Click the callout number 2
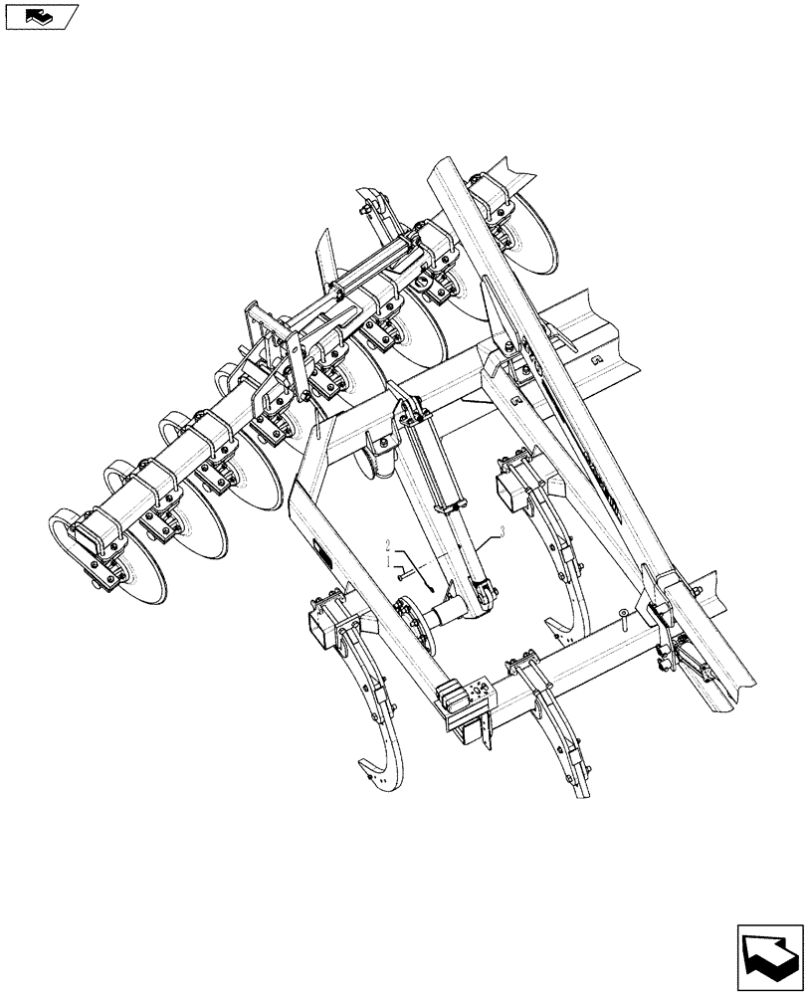(x=389, y=546)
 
